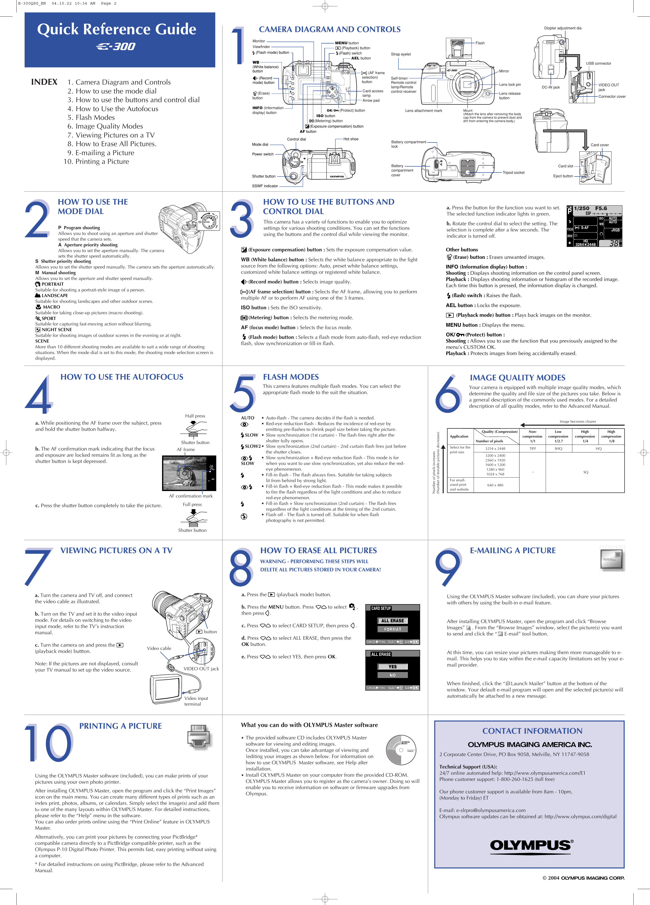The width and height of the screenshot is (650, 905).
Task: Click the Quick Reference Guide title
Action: coord(117,29)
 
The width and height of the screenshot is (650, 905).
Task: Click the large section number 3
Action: coord(241,219)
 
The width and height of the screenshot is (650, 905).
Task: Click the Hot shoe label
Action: coord(351,139)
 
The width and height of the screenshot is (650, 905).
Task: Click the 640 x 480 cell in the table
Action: coord(495,485)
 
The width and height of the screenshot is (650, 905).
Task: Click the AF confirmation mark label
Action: coord(191,496)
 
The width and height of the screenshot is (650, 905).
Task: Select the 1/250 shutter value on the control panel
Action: coord(581,208)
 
